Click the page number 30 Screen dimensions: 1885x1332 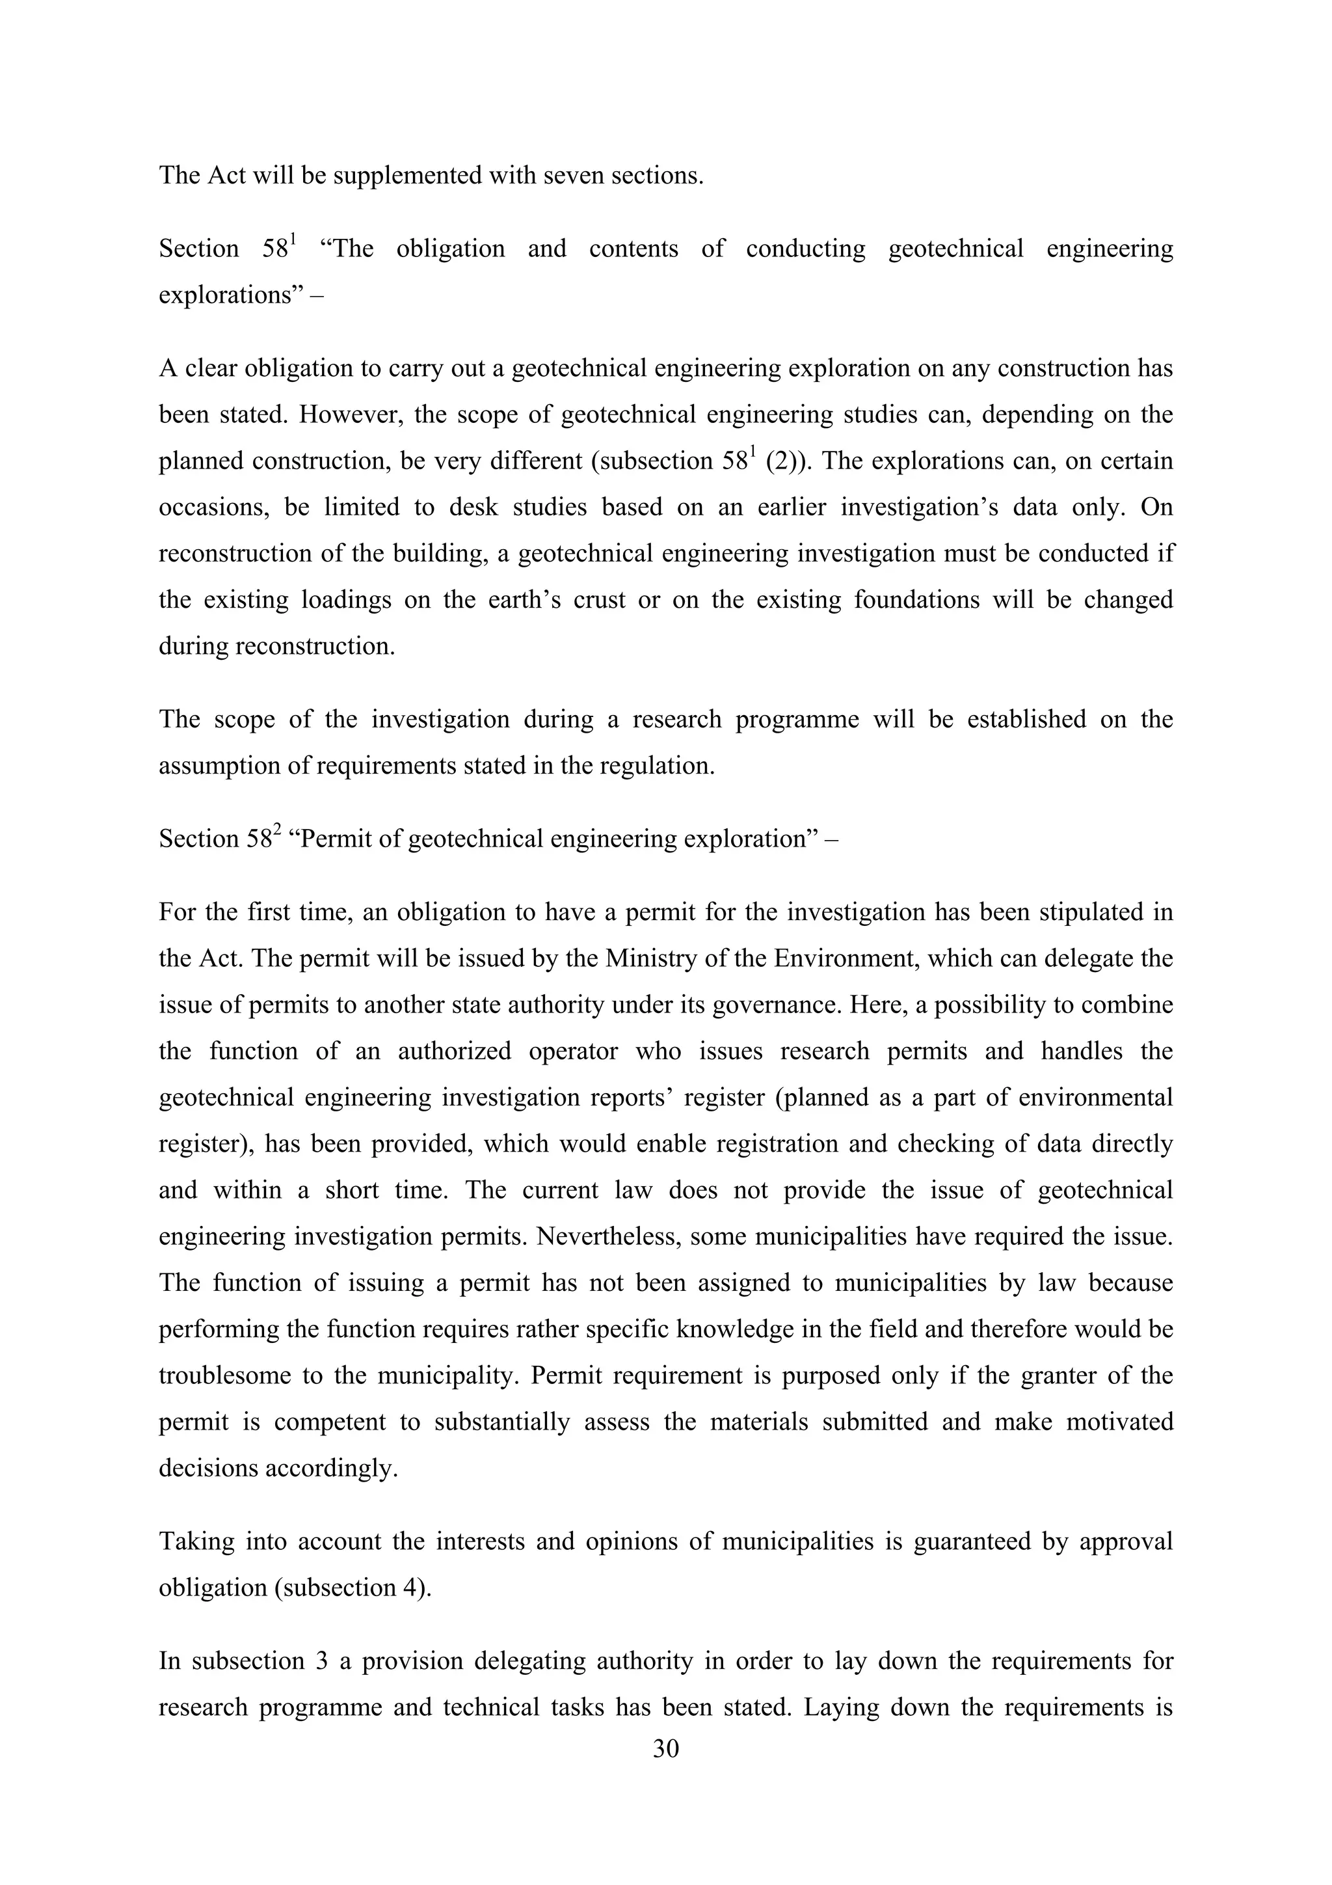665,1749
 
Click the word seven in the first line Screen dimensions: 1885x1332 565,176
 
